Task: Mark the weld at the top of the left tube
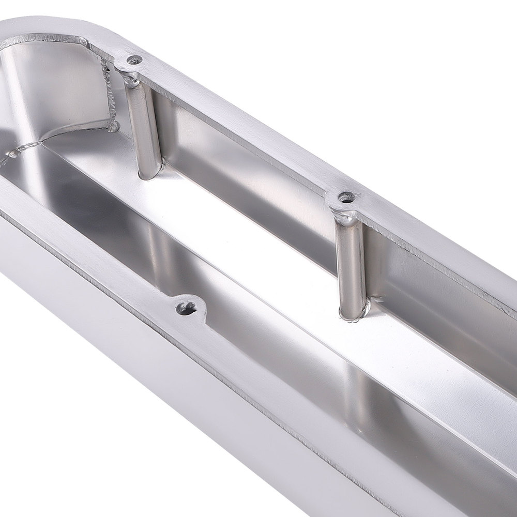click(130, 79)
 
